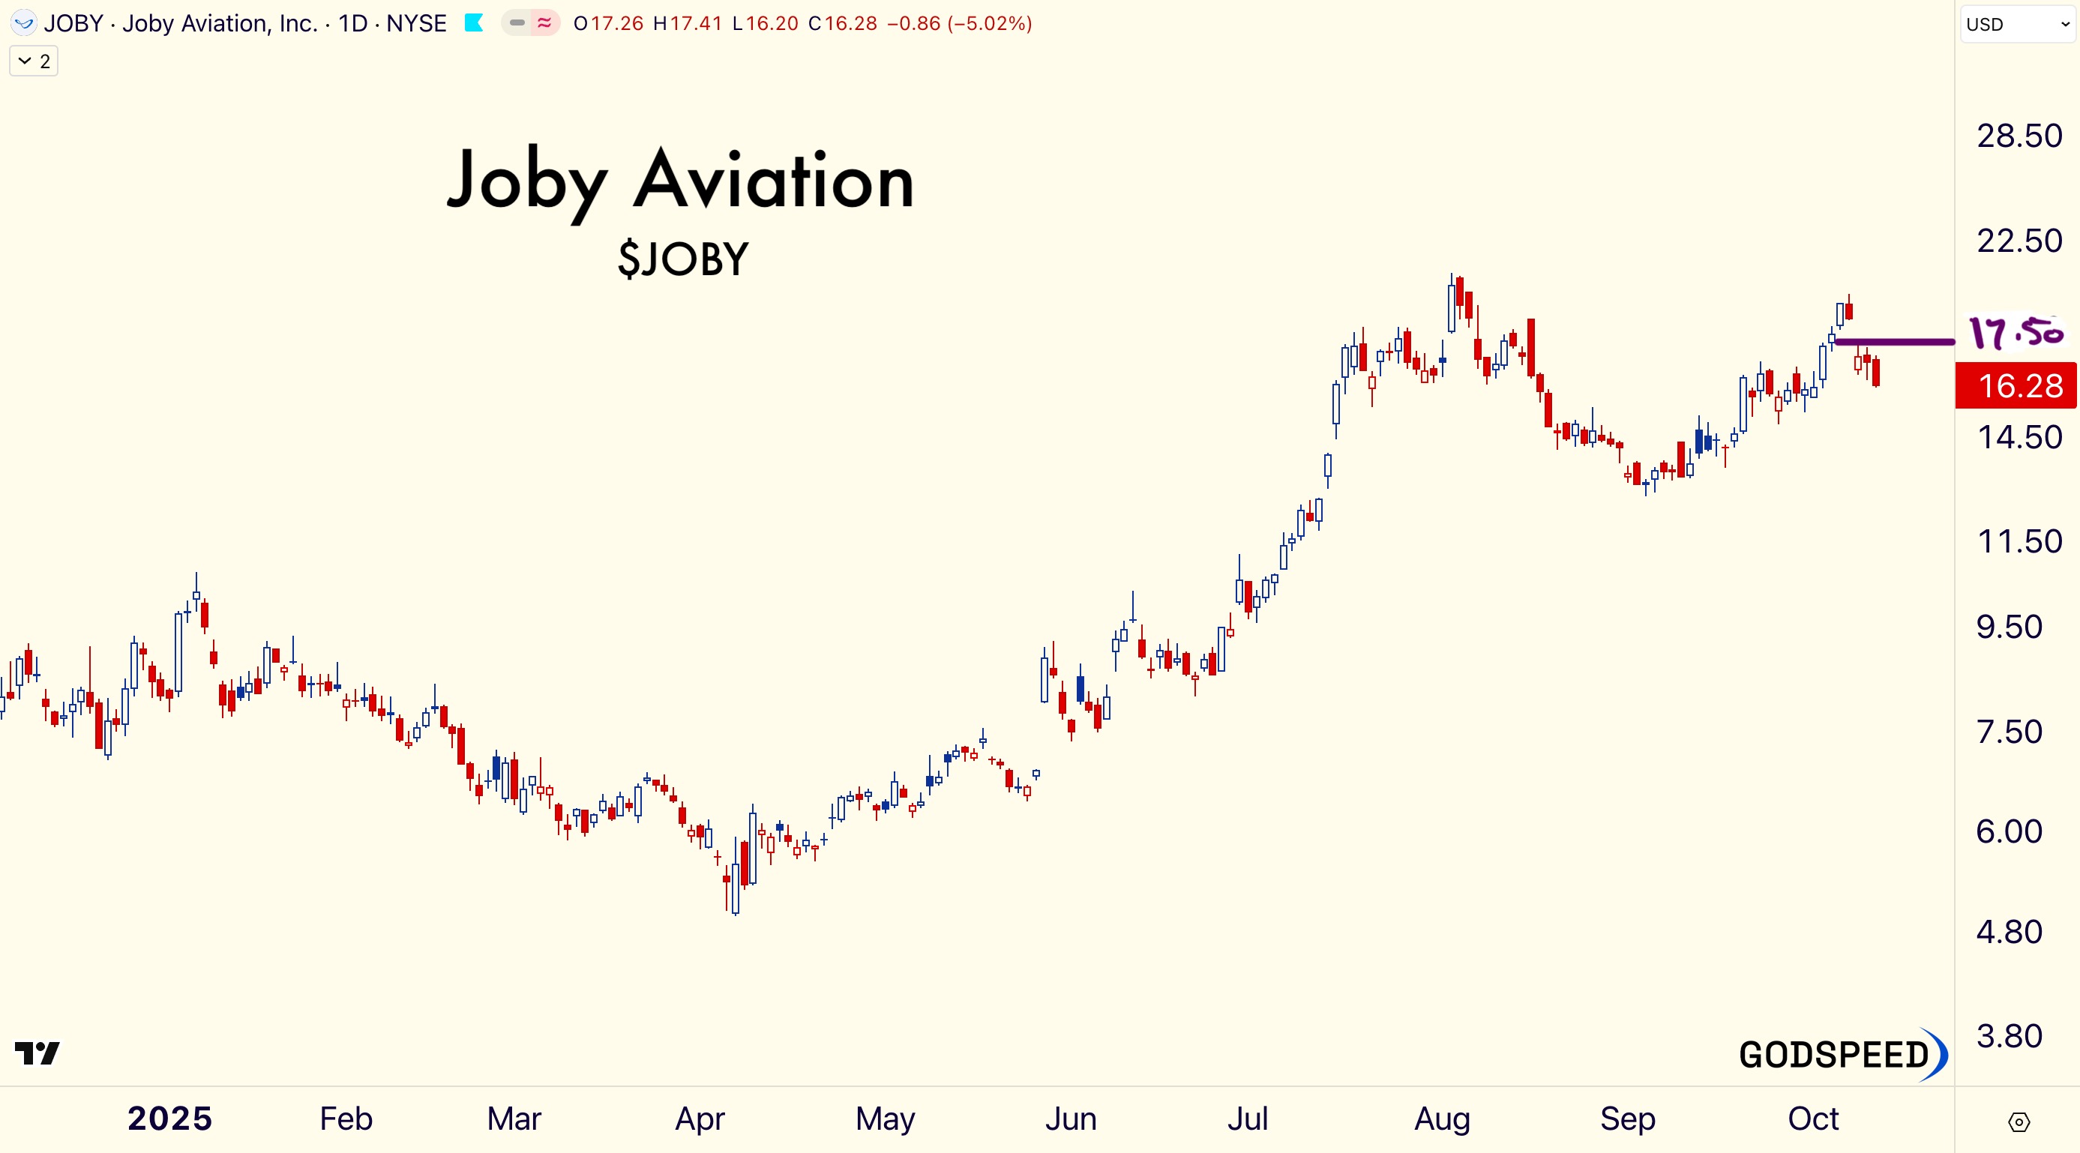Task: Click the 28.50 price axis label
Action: pyautogui.click(x=2019, y=136)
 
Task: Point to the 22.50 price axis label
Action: pyautogui.click(x=2019, y=241)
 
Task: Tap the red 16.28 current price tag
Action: pyautogui.click(x=2016, y=386)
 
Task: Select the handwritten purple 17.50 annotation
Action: pyautogui.click(x=2016, y=332)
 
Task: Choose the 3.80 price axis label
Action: pyautogui.click(x=2009, y=1036)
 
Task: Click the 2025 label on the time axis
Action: pyautogui.click(x=169, y=1119)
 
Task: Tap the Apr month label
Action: pyautogui.click(x=700, y=1119)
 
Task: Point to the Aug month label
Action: pyautogui.click(x=1442, y=1119)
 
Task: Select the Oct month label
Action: pyautogui.click(x=1813, y=1119)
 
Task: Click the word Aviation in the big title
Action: pyautogui.click(x=774, y=181)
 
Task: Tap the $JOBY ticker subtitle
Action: pyautogui.click(x=683, y=259)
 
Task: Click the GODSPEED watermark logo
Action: pyautogui.click(x=1842, y=1055)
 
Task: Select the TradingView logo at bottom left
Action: pyautogui.click(x=37, y=1053)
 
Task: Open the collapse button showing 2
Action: pyautogui.click(x=34, y=61)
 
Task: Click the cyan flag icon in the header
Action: pyautogui.click(x=474, y=23)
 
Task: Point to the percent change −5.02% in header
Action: pyautogui.click(x=990, y=23)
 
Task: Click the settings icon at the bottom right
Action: pyautogui.click(x=2018, y=1122)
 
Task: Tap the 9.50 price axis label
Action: pyautogui.click(x=2009, y=627)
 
